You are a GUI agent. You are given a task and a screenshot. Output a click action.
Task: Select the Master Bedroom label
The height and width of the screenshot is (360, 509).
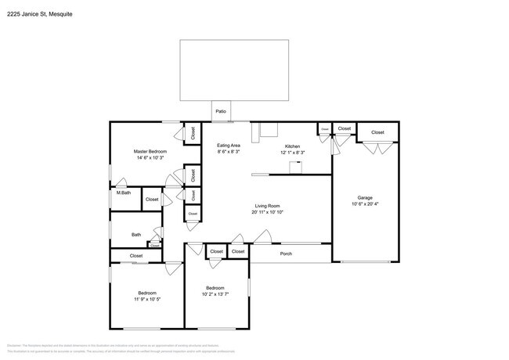(150, 151)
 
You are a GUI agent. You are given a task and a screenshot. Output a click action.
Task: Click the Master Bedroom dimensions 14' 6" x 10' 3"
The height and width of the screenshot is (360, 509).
(150, 158)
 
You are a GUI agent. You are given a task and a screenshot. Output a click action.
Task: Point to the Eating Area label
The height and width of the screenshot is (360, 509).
(229, 146)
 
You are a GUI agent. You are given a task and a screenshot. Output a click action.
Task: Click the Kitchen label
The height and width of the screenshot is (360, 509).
(292, 146)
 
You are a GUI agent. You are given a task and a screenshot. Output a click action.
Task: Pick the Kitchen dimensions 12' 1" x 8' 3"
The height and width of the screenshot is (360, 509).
(292, 153)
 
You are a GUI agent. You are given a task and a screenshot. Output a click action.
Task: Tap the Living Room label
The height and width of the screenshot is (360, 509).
(266, 206)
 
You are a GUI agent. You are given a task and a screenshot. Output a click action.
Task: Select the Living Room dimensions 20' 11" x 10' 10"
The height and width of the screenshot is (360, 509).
(266, 213)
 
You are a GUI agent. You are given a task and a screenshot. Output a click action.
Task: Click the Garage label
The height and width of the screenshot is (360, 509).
(365, 197)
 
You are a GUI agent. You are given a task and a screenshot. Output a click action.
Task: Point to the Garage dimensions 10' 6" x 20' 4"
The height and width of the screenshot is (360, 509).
(365, 204)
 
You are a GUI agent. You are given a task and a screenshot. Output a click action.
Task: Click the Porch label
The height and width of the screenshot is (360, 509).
(286, 253)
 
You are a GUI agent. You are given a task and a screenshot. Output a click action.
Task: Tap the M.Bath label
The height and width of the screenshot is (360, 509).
(123, 193)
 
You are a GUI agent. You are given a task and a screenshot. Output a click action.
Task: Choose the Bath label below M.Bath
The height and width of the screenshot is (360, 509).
(135, 235)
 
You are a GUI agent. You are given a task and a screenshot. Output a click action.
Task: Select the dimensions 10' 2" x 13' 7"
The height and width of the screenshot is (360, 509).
(215, 295)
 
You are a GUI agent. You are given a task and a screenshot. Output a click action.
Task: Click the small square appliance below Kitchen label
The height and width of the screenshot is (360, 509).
(296, 166)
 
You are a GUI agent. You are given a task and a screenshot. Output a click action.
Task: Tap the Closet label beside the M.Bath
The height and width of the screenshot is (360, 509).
(152, 200)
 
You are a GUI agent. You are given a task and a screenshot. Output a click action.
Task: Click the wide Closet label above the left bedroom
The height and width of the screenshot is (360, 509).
(136, 255)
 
